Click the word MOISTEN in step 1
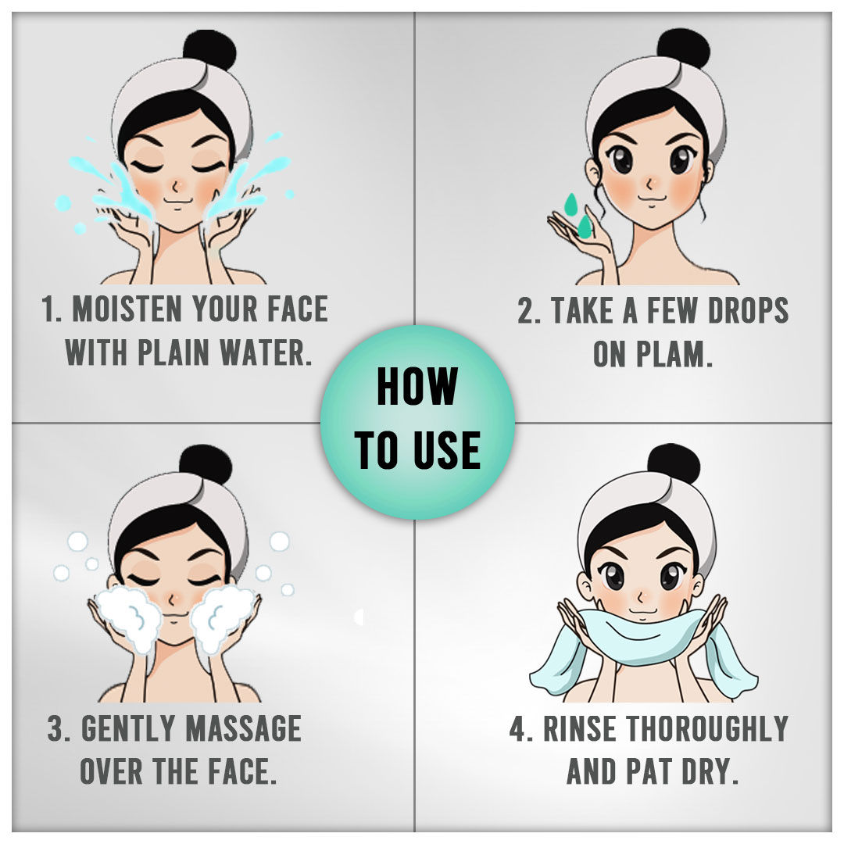[x=127, y=309]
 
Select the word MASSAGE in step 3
[x=243, y=728]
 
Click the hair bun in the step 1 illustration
[x=209, y=52]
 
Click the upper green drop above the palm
[x=570, y=204]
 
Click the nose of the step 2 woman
[x=649, y=184]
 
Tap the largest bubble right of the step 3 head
[x=279, y=541]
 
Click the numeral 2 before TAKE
[x=525, y=310]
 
